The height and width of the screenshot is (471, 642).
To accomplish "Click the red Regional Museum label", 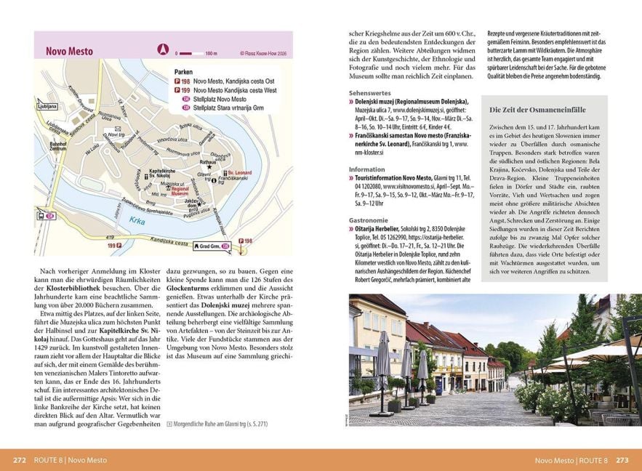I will point(180,192).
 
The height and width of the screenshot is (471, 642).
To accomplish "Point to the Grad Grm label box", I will point(214,246).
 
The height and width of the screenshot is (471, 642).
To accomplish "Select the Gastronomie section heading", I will point(368,220).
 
